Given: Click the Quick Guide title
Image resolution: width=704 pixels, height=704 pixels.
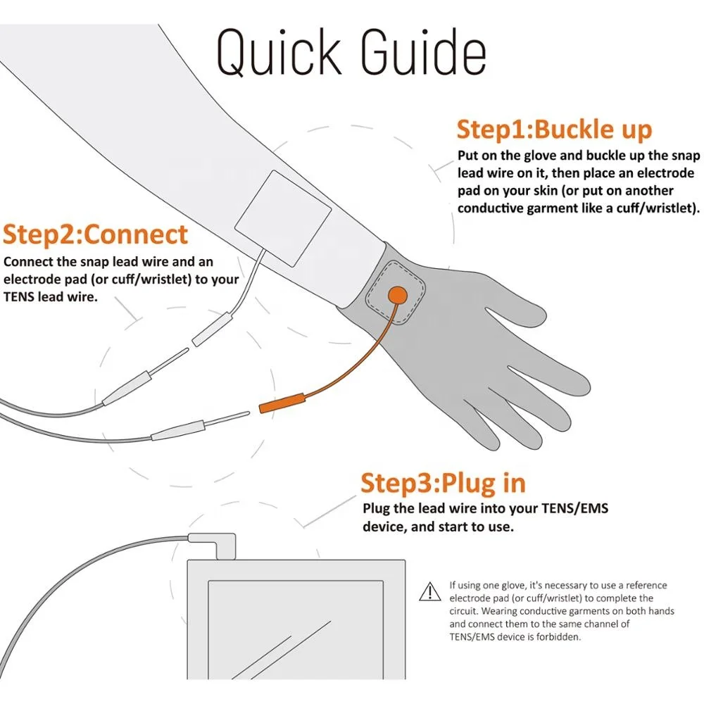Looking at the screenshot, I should (x=351, y=53).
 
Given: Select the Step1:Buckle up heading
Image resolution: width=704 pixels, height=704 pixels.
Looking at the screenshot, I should (x=554, y=130).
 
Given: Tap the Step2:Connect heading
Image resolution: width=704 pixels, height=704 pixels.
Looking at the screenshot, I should (x=95, y=234).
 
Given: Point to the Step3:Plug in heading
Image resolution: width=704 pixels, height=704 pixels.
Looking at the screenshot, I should (x=443, y=483).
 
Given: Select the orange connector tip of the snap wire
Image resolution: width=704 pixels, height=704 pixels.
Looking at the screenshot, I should (x=282, y=406).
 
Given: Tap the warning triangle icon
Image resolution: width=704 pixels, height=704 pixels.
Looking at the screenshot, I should (x=429, y=592).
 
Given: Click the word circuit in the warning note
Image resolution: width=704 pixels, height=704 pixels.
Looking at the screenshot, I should (x=468, y=611).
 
